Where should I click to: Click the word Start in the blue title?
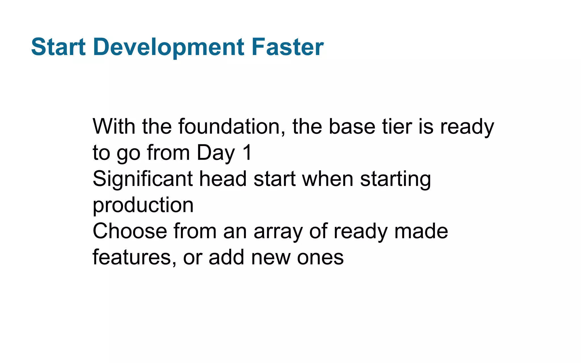58,47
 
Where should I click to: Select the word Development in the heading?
169,47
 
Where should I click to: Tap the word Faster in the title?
287,47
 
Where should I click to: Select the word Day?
216,153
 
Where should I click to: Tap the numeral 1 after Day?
247,153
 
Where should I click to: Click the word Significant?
143,179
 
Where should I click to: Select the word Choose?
130,231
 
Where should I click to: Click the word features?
132,258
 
